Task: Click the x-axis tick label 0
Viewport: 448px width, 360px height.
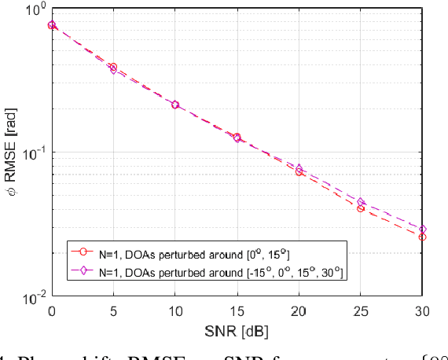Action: click(x=52, y=312)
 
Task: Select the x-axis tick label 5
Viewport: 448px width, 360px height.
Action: click(x=114, y=312)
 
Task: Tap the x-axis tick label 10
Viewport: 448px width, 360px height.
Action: click(x=175, y=312)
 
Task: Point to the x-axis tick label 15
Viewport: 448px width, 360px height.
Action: click(x=237, y=312)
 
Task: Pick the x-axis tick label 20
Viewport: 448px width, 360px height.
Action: click(x=299, y=312)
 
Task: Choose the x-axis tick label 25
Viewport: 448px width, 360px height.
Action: click(x=361, y=312)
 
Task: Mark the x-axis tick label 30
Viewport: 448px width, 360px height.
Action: click(x=422, y=312)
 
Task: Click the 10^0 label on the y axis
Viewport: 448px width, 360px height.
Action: click(x=35, y=10)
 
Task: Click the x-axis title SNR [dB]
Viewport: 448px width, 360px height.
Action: click(x=237, y=330)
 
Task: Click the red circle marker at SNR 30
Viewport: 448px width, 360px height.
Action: click(x=423, y=237)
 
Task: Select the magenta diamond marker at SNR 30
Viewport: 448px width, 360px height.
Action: click(x=423, y=229)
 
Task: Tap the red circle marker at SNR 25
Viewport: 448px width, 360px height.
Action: click(x=361, y=208)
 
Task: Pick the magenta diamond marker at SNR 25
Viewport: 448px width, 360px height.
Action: click(x=361, y=203)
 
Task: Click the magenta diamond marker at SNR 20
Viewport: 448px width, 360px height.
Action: click(x=299, y=168)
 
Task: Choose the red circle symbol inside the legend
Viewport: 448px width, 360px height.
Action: click(x=81, y=252)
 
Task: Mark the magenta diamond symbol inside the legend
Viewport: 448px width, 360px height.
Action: click(x=81, y=270)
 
